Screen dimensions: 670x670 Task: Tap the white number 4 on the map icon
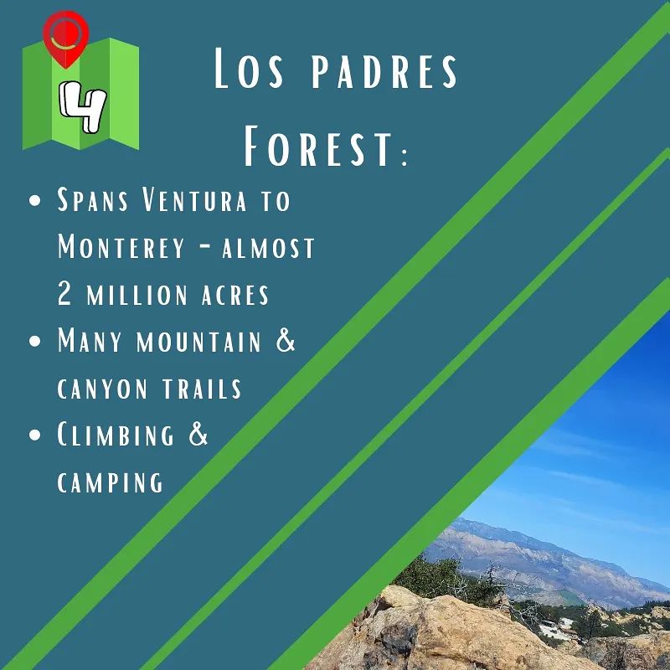click(82, 106)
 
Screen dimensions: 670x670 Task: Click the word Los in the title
click(248, 69)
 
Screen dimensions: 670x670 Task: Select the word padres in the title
click(384, 70)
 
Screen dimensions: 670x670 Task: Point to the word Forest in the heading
click(318, 146)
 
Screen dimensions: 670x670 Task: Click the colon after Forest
click(405, 155)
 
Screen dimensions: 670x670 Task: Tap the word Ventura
click(194, 199)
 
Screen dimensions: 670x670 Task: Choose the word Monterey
click(121, 246)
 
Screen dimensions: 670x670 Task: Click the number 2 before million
click(64, 294)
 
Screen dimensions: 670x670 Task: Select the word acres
click(235, 295)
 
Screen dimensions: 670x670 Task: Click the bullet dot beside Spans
click(35, 201)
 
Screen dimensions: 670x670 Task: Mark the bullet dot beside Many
click(35, 341)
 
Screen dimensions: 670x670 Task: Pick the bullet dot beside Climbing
click(35, 435)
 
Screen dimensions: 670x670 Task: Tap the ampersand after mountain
click(286, 340)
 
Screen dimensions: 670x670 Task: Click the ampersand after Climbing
click(198, 434)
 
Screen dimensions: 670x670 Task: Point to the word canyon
click(102, 389)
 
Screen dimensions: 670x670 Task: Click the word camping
click(110, 482)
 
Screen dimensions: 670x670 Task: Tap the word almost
click(268, 248)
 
